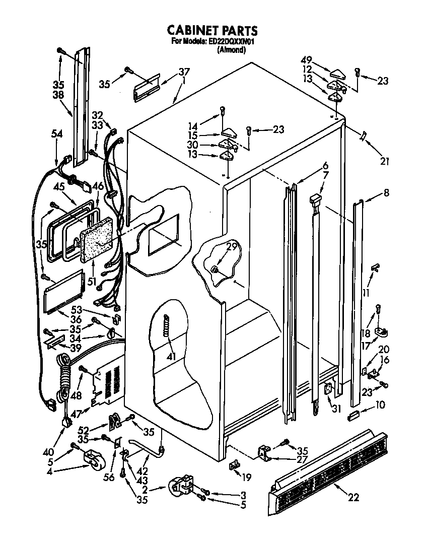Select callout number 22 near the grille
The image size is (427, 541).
tap(353, 498)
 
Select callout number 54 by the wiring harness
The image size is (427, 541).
tap(57, 133)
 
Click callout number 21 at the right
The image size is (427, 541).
tap(385, 161)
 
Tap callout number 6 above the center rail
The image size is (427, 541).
tap(325, 165)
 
